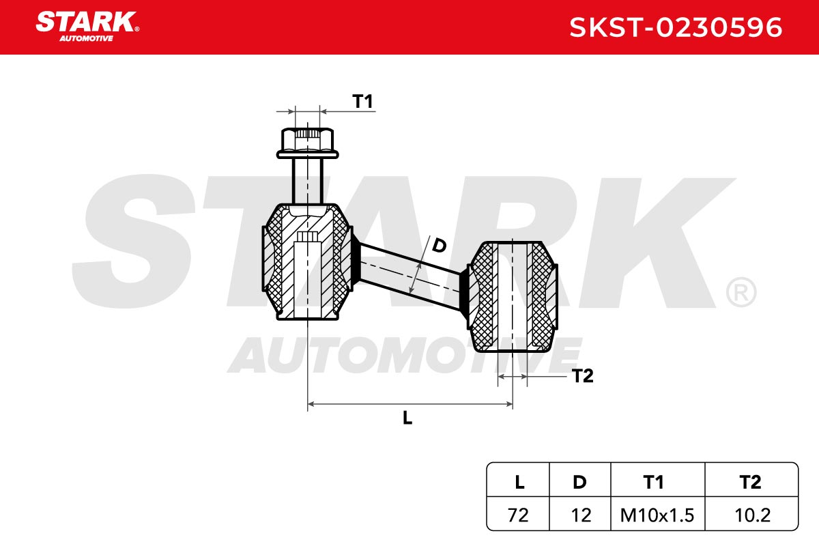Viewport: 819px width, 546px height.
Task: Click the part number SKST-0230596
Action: pyautogui.click(x=676, y=27)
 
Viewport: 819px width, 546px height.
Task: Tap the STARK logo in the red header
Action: pyautogui.click(x=87, y=27)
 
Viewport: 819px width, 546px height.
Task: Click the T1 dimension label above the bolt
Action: pyautogui.click(x=362, y=101)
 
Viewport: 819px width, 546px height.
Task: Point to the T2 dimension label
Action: pyautogui.click(x=582, y=376)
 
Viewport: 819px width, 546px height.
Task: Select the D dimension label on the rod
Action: pyautogui.click(x=439, y=246)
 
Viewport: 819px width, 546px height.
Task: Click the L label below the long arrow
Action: pyautogui.click(x=407, y=418)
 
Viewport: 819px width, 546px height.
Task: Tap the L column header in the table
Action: pyautogui.click(x=519, y=483)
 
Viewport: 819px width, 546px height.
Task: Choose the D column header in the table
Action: pyautogui.click(x=580, y=483)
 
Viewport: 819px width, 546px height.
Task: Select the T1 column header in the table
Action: pyautogui.click(x=653, y=483)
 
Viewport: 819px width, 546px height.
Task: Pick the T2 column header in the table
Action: pyautogui.click(x=750, y=483)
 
